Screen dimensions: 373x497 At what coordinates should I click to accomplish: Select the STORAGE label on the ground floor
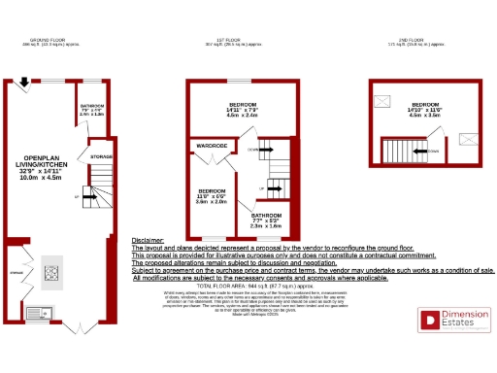[x=100, y=155]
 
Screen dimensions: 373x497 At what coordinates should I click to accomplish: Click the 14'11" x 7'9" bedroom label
[x=243, y=109]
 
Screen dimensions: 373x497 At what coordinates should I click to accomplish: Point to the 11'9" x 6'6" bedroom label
[x=212, y=195]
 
